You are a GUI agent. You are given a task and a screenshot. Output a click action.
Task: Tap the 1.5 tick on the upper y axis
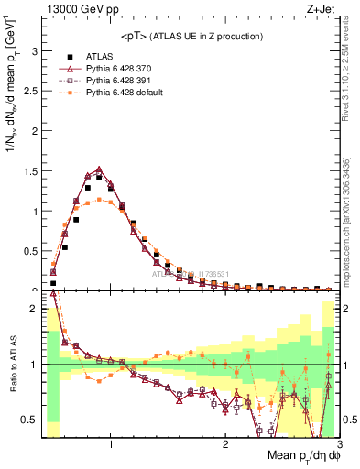[x=29, y=171]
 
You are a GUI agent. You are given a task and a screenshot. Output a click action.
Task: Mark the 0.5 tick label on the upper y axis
[x=29, y=251]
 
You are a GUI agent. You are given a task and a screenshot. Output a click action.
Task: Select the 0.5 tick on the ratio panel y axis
[x=29, y=420]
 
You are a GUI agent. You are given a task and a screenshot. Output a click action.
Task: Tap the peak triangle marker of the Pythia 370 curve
[x=99, y=169]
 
